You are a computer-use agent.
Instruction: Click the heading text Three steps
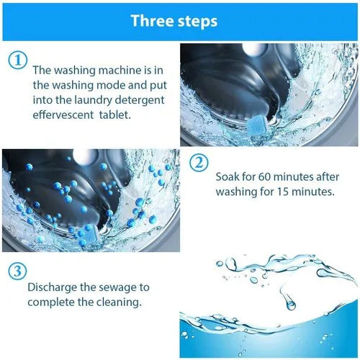pyautogui.click(x=174, y=20)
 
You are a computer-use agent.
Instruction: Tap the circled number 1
pyautogui.click(x=17, y=61)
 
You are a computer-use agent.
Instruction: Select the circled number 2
pyautogui.click(x=200, y=161)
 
